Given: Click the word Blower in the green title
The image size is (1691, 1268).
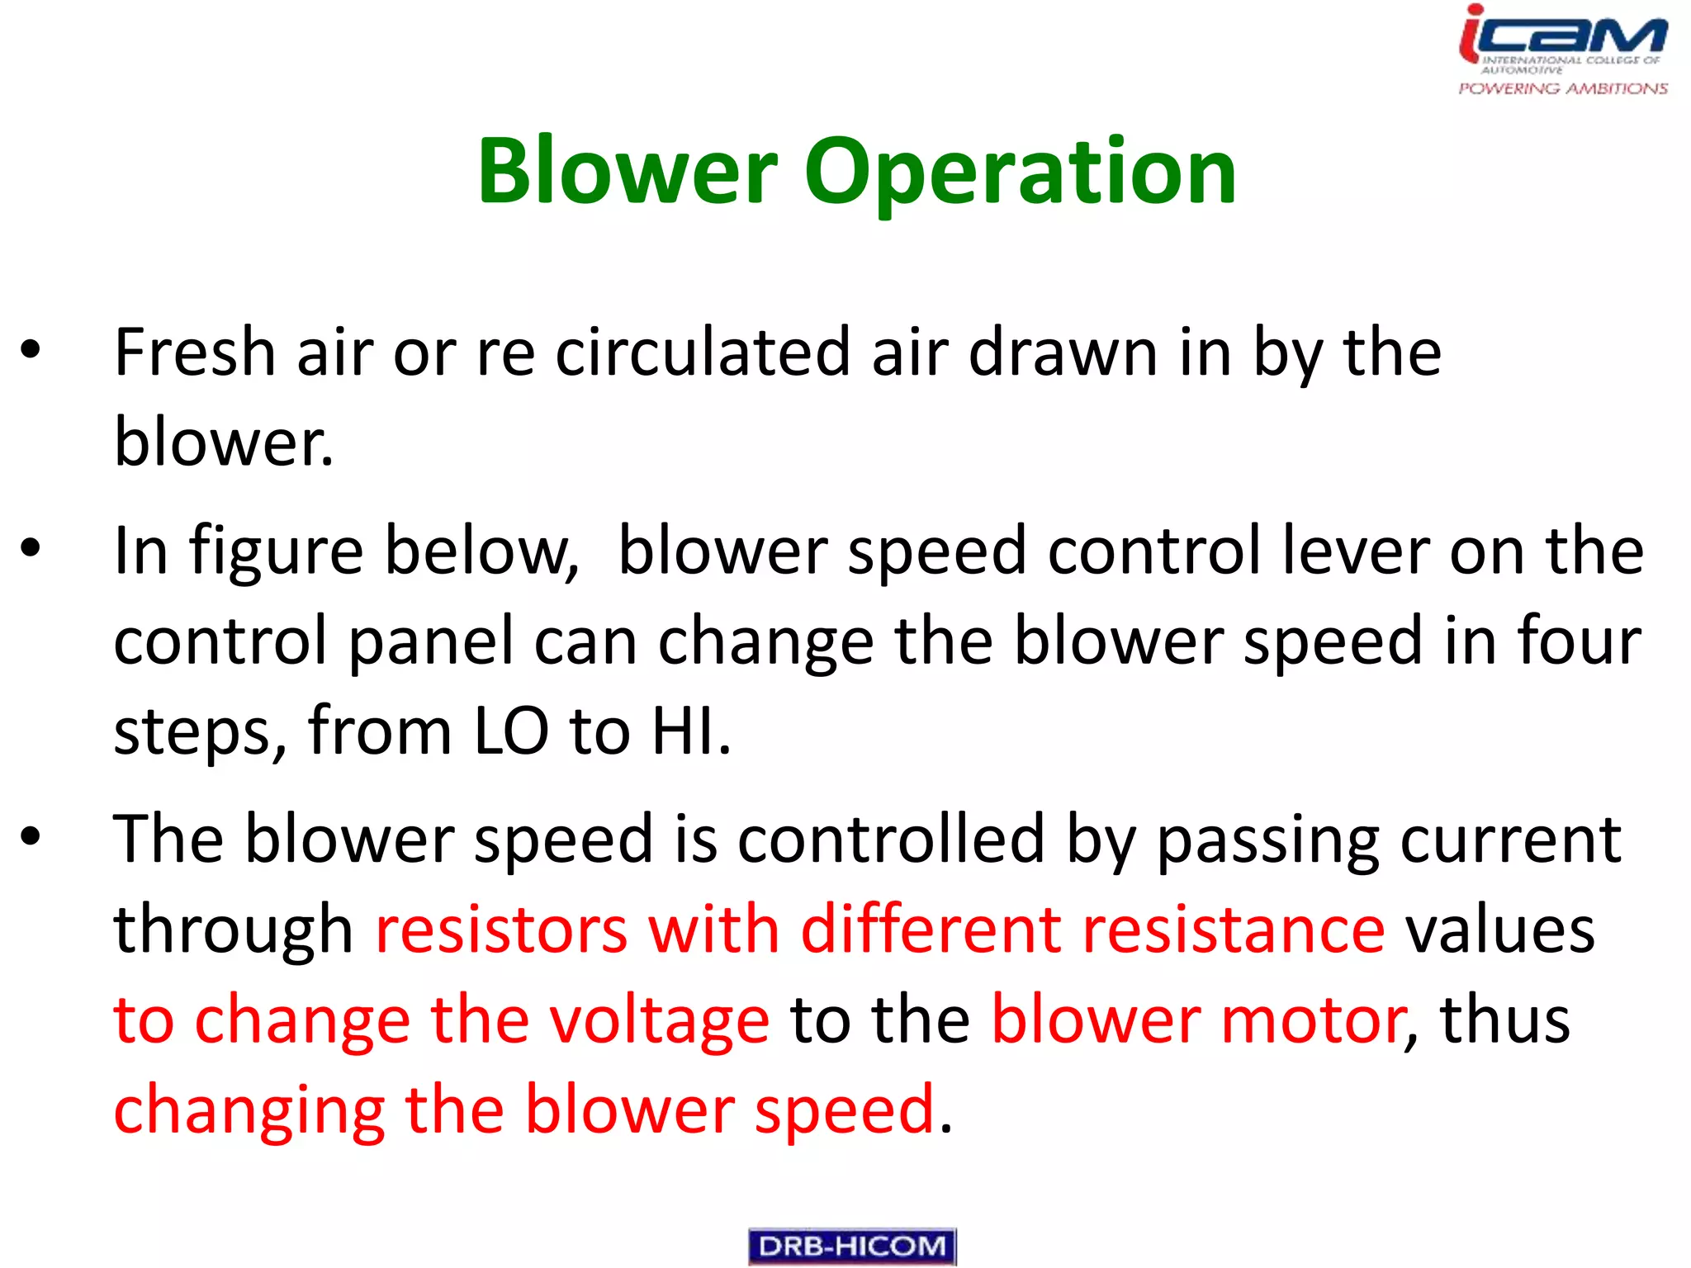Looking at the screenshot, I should [x=628, y=171].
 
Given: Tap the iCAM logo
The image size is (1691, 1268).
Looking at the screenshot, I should [x=1562, y=37].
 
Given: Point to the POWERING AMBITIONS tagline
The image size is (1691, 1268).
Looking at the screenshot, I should [x=1562, y=88].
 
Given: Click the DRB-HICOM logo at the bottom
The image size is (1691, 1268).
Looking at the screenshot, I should [x=852, y=1246].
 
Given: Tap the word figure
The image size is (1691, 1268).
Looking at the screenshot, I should [x=276, y=551].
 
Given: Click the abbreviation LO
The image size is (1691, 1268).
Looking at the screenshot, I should [x=510, y=731].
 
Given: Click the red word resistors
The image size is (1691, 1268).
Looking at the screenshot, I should [x=501, y=930].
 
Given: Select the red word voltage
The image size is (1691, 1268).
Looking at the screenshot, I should [x=659, y=1021].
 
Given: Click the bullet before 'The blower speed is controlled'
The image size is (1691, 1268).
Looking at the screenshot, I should [x=31, y=836].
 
